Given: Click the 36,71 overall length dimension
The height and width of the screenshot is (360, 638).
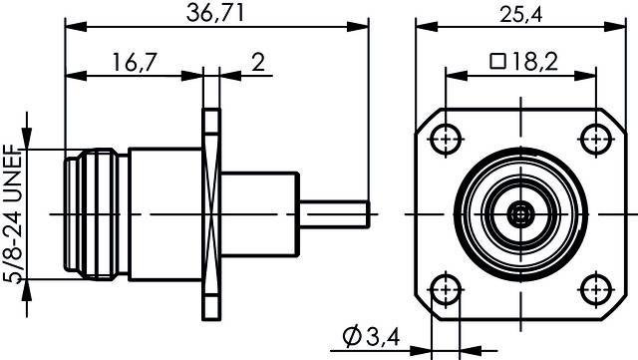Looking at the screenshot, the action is pos(215,13).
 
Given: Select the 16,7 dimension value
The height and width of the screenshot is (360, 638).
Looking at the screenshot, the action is pos(135,63).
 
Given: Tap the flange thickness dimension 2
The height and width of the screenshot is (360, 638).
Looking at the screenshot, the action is pos(258,62).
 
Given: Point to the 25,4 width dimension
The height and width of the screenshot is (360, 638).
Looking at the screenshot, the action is pos(521,15).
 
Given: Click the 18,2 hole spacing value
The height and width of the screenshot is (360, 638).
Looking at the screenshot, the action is pos(534,62).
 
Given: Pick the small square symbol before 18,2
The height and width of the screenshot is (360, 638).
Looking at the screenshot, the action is pos(498,62).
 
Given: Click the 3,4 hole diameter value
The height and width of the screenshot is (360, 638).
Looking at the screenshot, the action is pos(383,337).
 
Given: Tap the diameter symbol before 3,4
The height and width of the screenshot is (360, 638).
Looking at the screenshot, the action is pos(352,337).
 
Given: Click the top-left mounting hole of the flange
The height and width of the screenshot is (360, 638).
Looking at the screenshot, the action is pos(446,140).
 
